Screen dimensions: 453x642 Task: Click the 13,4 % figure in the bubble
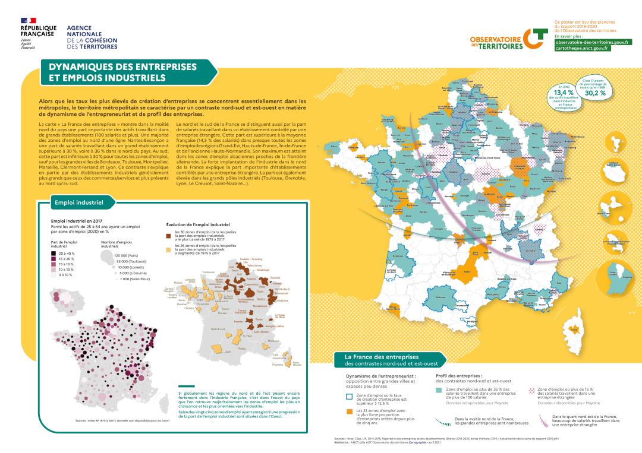[x=563, y=93]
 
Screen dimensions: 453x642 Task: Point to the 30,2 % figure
[x=595, y=93]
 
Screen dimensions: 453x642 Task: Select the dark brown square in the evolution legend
[x=168, y=235]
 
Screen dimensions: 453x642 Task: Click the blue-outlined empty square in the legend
[x=350, y=397]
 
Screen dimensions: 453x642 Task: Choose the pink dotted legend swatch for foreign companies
[x=532, y=391]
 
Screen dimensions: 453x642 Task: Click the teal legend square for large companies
[x=439, y=391]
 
